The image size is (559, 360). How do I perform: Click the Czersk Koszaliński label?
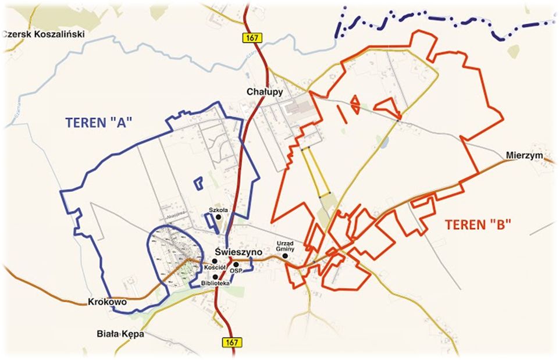pos(44,34)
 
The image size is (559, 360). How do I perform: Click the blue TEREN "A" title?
pos(99,122)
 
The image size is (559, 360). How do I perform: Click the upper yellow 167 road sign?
pos(252,38)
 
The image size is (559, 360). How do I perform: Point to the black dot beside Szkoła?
pos(219,217)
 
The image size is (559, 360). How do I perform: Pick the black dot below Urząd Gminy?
pos(286,256)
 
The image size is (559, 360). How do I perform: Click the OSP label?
pos(235,271)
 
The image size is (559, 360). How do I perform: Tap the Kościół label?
pos(214,267)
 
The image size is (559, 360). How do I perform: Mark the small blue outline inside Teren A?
pos(198,183)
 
